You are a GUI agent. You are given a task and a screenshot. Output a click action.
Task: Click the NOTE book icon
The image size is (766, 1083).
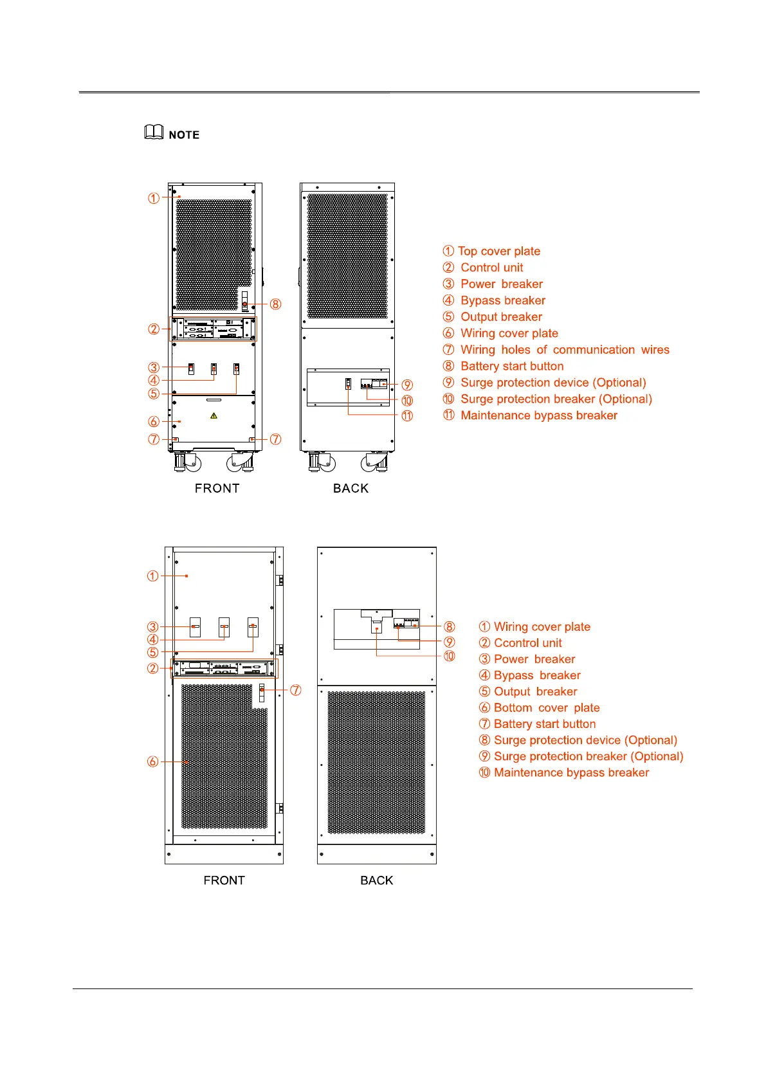[153, 132]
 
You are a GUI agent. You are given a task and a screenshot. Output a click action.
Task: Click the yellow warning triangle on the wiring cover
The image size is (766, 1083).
[214, 415]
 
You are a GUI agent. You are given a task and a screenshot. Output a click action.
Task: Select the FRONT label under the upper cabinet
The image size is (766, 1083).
[217, 488]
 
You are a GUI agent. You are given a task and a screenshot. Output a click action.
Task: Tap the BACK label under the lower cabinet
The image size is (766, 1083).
[376, 880]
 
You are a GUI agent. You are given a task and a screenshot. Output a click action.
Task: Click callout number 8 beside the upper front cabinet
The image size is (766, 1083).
[275, 304]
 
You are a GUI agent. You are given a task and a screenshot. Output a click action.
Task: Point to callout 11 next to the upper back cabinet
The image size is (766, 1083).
[407, 415]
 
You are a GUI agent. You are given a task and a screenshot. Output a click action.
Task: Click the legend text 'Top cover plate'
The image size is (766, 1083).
[498, 251]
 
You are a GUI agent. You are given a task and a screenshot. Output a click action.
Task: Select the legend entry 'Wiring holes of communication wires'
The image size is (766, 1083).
[564, 350]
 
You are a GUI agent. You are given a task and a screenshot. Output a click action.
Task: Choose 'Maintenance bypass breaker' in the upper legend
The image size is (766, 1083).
[538, 415]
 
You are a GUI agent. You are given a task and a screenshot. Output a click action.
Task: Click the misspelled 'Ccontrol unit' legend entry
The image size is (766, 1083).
[527, 643]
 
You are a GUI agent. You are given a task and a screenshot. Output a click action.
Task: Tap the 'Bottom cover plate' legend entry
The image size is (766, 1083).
[546, 708]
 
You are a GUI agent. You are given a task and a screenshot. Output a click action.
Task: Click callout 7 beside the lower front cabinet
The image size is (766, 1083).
[295, 690]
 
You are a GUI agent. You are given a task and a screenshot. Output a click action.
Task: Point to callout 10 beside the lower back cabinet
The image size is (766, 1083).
[449, 656]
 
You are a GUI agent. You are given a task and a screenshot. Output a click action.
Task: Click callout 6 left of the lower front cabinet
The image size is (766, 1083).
[152, 761]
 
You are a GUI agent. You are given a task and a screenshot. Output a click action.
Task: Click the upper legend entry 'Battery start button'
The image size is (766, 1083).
[511, 367]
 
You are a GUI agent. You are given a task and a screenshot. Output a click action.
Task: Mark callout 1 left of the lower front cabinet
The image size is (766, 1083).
[152, 576]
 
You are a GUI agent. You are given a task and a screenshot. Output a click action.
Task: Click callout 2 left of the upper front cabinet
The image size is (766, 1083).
[154, 329]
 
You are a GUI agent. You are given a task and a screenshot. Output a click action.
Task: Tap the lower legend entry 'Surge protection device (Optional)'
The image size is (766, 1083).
[585, 740]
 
